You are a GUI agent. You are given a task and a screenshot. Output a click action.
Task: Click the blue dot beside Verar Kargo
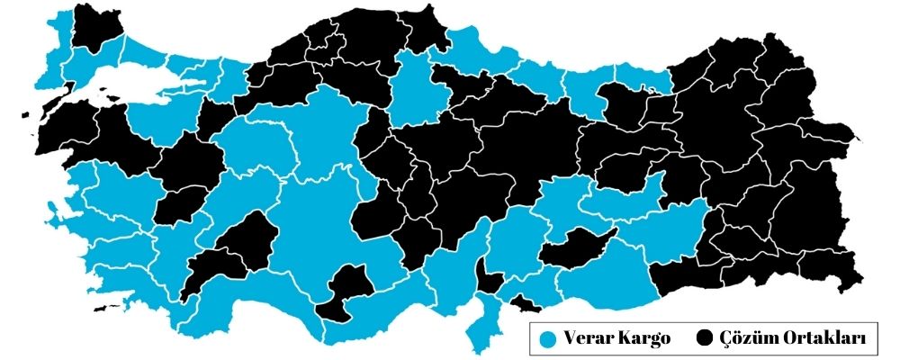(x=547, y=339)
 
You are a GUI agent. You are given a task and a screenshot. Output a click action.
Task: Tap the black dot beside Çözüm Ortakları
(x=705, y=339)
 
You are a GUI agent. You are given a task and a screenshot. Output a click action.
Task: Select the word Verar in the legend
(x=584, y=339)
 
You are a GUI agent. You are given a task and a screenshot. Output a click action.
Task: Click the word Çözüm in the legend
(x=743, y=339)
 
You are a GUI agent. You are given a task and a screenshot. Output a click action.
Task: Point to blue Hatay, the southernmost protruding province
(x=482, y=324)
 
